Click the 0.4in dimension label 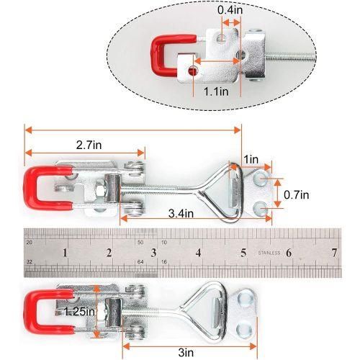point(230,10)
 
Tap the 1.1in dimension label point(216,91)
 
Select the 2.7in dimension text point(89,145)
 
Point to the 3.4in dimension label point(181,213)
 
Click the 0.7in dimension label point(297,194)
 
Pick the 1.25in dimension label point(79,312)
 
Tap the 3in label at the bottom point(186,353)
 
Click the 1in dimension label point(251,159)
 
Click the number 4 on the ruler point(198,253)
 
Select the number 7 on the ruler point(334,253)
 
